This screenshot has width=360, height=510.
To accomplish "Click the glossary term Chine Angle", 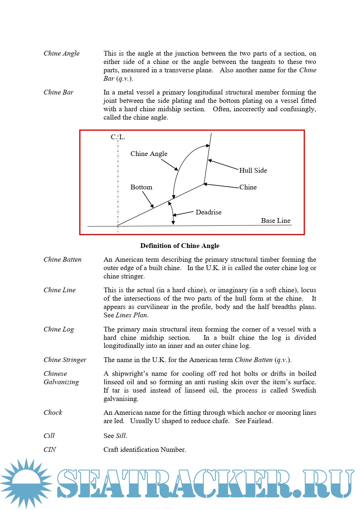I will (x=61, y=53).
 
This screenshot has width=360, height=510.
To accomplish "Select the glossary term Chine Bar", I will (x=58, y=92).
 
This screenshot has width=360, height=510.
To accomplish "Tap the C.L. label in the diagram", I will (x=118, y=137).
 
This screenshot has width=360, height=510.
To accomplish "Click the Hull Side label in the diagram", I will (x=253, y=170).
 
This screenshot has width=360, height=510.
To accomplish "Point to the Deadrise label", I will (x=208, y=212).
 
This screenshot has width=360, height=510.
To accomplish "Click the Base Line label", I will (x=275, y=221).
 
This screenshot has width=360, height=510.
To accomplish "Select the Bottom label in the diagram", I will (x=141, y=187).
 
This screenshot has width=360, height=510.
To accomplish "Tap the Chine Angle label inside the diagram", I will (x=149, y=154).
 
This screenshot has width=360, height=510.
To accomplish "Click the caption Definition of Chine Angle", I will (x=180, y=246).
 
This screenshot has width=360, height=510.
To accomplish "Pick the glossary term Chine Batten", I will (x=62, y=260).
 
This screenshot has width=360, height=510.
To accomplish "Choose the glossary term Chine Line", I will (x=60, y=290).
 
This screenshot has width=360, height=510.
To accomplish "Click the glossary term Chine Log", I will (x=58, y=329).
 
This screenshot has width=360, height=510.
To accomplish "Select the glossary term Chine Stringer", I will (x=65, y=360).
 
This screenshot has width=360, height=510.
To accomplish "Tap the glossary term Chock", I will (x=53, y=413).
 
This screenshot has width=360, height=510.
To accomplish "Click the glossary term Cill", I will (x=49, y=436).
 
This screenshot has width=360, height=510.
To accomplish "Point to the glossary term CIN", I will (x=50, y=450).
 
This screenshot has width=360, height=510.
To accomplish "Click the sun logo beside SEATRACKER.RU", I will (x=26, y=483).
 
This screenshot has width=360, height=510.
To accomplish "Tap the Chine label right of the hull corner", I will (x=248, y=187).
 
